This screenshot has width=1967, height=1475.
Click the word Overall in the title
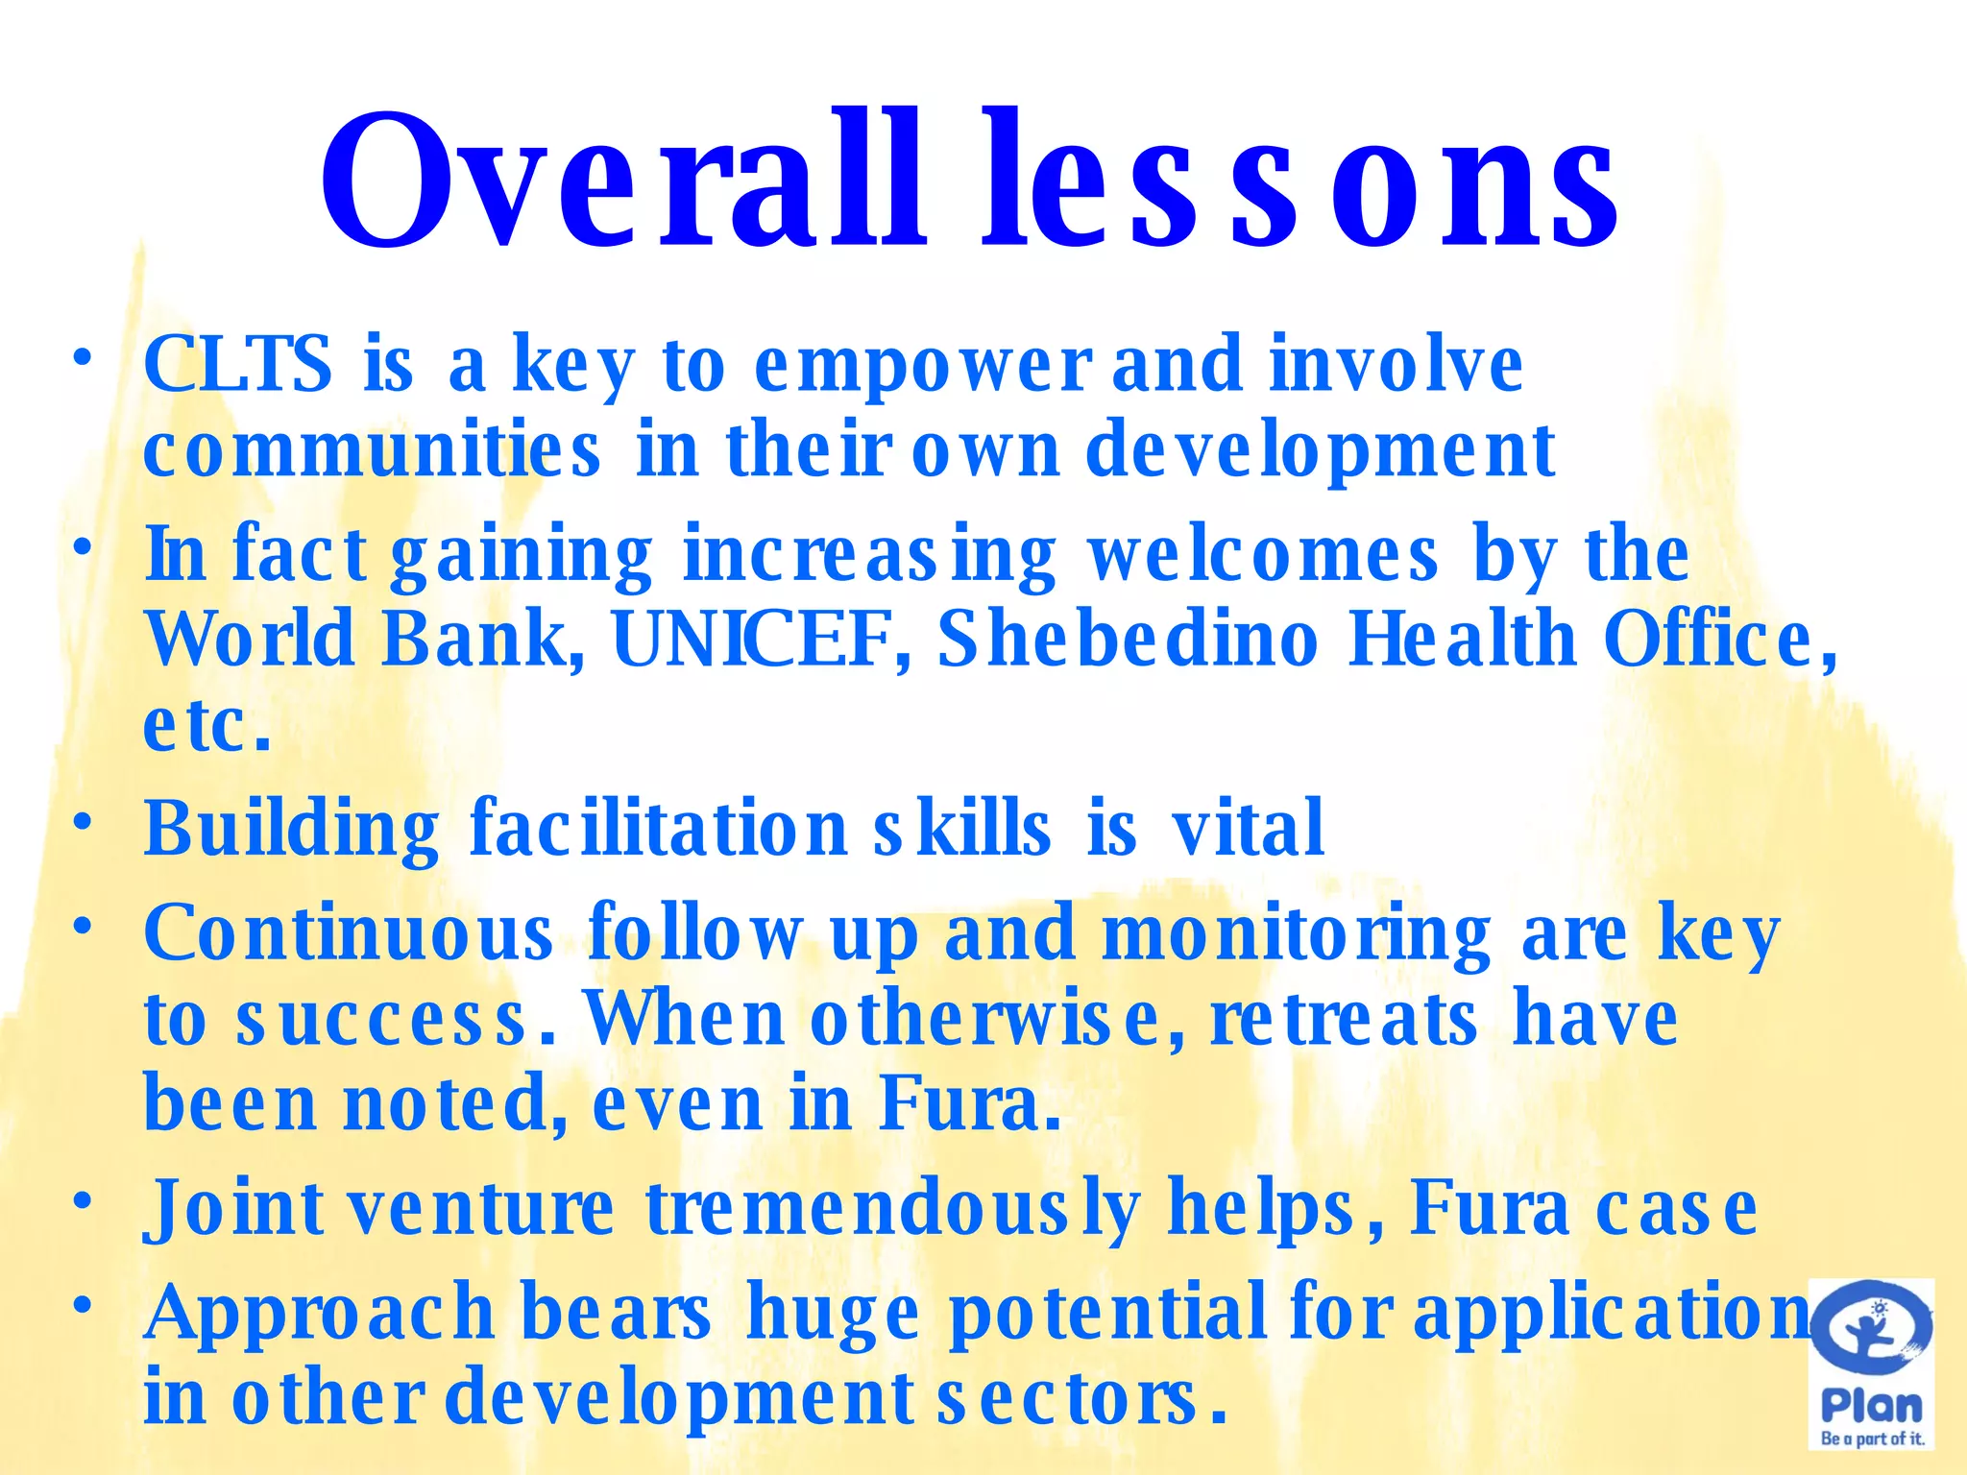[x=623, y=182]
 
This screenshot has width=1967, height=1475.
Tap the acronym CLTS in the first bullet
[x=238, y=365]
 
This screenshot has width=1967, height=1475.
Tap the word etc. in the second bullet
[x=206, y=725]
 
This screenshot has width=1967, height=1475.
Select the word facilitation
[x=658, y=828]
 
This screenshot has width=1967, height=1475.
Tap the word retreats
[x=1344, y=1018]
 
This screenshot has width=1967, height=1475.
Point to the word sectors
[x=1081, y=1398]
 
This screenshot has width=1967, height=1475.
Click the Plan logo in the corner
[x=1871, y=1364]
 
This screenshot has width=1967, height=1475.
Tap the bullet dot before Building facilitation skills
[x=84, y=822]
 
